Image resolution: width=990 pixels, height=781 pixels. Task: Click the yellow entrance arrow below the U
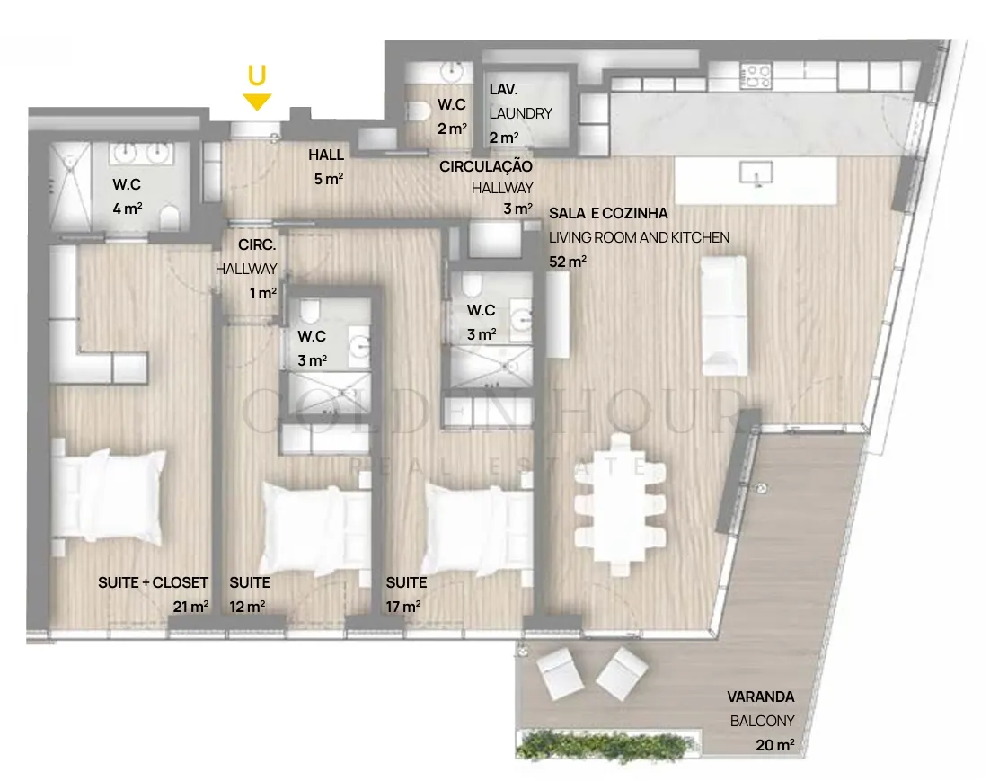pos(257,102)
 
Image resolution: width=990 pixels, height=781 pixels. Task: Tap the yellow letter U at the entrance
pos(256,75)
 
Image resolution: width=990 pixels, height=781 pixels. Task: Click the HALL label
pos(326,155)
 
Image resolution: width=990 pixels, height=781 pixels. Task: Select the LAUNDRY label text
pos(520,114)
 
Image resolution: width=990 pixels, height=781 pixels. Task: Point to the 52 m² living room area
pos(568,261)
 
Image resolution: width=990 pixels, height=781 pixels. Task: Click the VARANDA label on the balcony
pos(760,697)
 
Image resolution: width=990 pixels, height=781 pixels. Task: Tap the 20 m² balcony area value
pos(774,745)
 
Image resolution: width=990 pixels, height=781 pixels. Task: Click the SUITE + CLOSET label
pos(153,582)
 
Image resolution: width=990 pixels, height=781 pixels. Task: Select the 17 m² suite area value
pos(403,607)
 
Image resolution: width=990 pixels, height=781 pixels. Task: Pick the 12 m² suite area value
pos(247,607)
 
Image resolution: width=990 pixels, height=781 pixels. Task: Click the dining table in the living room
pos(620,504)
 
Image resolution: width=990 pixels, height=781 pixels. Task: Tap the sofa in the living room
pos(724,315)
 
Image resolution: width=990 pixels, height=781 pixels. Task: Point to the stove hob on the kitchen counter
pos(756,75)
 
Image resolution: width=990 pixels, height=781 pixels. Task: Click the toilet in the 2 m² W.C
pos(419,112)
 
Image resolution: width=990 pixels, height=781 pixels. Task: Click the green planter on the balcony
pos(607,743)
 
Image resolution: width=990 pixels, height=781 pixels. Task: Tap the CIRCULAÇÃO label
pos(485,167)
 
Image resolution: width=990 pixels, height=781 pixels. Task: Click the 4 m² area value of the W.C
pos(127,208)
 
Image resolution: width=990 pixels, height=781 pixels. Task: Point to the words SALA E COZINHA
pos(608,214)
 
